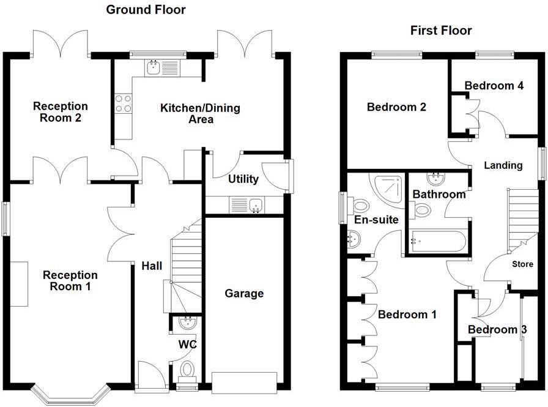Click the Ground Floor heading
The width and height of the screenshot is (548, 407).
(x=146, y=10)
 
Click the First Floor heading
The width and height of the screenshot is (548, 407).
(x=441, y=31)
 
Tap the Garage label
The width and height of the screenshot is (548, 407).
(x=244, y=294)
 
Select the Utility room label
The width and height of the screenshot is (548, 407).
(x=243, y=179)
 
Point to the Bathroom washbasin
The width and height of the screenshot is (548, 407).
(x=436, y=179)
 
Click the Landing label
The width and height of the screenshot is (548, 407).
(x=503, y=165)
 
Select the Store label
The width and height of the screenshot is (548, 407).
(x=522, y=264)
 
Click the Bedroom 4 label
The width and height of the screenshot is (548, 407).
(x=494, y=86)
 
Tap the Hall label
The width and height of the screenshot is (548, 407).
(x=152, y=266)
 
